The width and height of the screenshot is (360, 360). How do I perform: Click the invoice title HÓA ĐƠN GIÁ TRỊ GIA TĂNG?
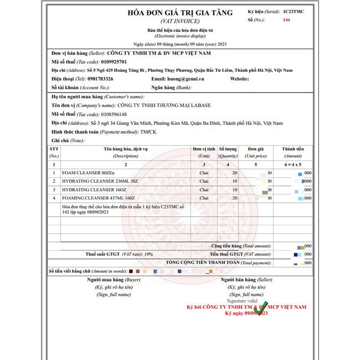[180, 13]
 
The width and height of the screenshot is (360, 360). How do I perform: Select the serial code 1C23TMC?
[293, 11]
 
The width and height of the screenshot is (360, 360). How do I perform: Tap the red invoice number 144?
[287, 20]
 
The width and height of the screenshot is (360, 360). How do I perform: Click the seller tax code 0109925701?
[114, 62]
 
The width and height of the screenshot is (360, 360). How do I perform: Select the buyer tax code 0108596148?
[114, 114]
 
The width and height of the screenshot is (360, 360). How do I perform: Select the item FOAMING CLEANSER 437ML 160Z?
[98, 198]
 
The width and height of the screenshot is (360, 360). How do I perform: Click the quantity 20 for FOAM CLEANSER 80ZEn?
[234, 173]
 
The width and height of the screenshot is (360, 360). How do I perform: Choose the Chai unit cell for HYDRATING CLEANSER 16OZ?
[204, 189]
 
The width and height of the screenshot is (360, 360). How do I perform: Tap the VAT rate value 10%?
[148, 254]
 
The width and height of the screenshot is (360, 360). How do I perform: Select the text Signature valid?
[242, 301]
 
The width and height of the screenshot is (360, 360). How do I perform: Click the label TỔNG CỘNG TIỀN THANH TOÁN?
[202, 262]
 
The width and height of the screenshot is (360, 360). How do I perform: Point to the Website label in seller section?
[239, 79]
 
